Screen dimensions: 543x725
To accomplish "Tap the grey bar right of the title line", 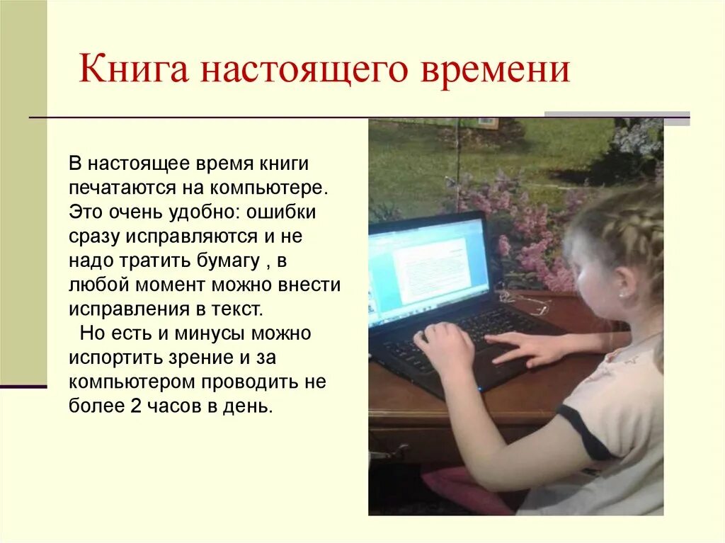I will click(617, 117).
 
